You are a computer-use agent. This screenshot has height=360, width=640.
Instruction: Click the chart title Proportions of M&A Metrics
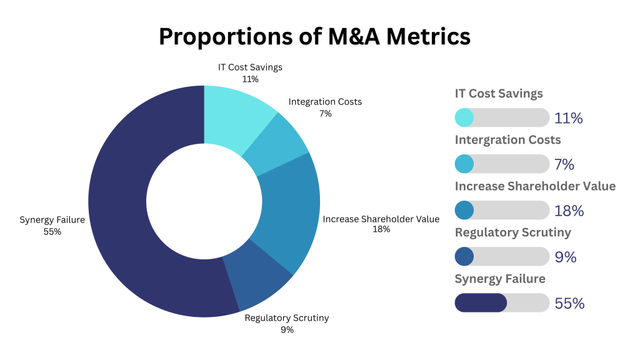point(314,36)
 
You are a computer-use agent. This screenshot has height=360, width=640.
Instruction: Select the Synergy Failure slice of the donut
point(125,206)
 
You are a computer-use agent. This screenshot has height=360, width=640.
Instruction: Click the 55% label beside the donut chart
point(52,231)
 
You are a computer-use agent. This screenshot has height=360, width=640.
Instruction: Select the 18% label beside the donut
point(381,229)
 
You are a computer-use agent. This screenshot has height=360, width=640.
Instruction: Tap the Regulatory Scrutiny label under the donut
point(286,318)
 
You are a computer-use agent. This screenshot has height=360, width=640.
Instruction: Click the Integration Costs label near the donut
point(324,102)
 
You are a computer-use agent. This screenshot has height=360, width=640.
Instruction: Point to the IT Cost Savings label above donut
point(250,67)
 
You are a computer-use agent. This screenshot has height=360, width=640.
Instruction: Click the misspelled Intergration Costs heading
point(507,140)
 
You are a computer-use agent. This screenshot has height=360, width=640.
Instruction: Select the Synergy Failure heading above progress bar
point(500,279)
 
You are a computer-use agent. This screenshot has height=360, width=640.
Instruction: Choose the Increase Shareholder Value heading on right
point(535,186)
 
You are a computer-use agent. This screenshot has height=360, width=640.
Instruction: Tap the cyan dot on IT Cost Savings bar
point(464,117)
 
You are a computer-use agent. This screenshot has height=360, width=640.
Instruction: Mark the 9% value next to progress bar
point(565,257)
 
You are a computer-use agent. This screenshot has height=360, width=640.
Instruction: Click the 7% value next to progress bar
point(564,164)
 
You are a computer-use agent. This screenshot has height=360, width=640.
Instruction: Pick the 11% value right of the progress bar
point(568,118)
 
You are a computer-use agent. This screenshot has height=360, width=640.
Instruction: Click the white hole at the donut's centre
point(204,201)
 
